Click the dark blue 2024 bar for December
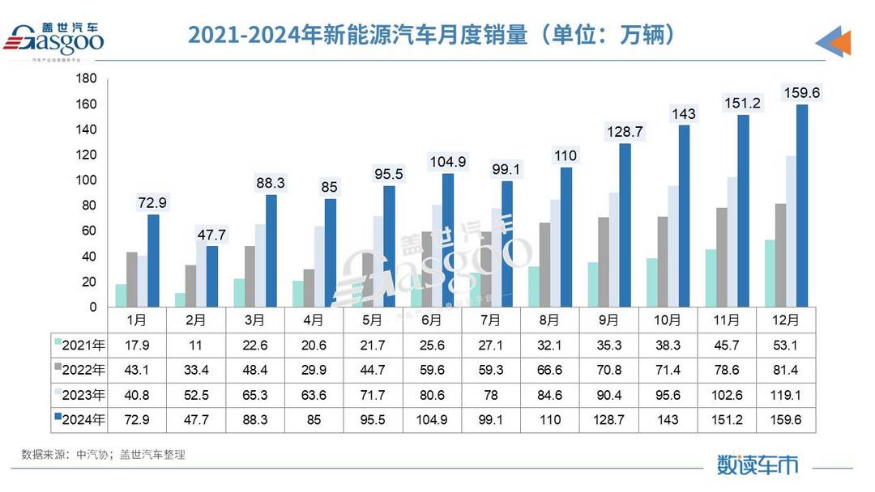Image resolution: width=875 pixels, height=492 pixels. click(801, 206)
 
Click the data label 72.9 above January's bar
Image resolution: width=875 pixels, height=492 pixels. click(152, 202)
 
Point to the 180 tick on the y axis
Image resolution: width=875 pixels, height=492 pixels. click(86, 78)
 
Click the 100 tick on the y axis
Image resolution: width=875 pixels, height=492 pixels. click(86, 180)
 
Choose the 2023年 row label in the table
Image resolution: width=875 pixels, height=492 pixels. click(79, 396)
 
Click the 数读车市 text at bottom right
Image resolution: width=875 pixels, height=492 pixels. click(758, 464)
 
